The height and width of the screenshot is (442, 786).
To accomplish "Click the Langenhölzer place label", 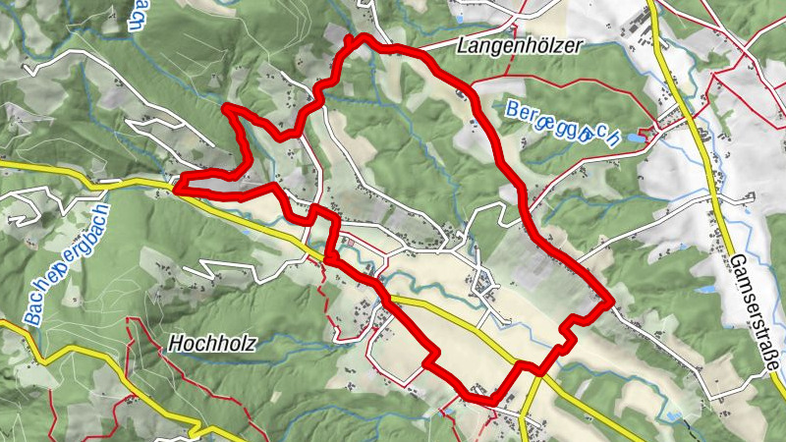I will pos(521,46).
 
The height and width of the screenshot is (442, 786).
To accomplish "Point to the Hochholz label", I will pos(212,344).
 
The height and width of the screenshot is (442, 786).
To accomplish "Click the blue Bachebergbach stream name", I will pos(66,259).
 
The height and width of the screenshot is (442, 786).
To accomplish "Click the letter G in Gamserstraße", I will pos(737,262).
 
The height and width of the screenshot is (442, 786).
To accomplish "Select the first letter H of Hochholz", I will pos(175,344).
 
